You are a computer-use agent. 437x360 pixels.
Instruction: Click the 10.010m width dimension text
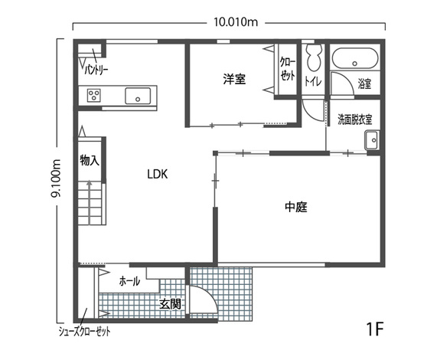tap(236, 21)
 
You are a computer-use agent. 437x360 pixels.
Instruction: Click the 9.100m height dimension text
tap(56, 178)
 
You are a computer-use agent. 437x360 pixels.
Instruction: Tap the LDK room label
tap(158, 175)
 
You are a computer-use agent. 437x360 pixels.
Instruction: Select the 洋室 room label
tap(234, 79)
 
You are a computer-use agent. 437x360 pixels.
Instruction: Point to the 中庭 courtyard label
tap(296, 207)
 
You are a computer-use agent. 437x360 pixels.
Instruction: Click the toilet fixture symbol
tap(314, 57)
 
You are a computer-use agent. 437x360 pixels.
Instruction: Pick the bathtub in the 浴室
tap(355, 58)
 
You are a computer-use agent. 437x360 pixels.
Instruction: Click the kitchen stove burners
tap(94, 96)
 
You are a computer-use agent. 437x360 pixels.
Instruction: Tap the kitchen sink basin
tap(138, 96)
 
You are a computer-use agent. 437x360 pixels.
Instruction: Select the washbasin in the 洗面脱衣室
tap(372, 140)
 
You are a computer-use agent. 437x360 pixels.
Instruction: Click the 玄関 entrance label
tap(170, 304)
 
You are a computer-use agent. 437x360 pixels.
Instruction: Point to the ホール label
tap(129, 281)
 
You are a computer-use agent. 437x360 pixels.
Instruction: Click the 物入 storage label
tap(90, 160)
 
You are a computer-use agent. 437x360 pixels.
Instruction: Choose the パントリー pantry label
tap(96, 70)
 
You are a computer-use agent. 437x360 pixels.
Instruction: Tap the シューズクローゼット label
tap(84, 332)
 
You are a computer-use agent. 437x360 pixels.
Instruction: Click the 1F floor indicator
tap(375, 329)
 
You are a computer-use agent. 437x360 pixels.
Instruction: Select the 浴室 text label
tap(365, 83)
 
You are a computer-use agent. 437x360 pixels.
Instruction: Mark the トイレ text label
tap(313, 81)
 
